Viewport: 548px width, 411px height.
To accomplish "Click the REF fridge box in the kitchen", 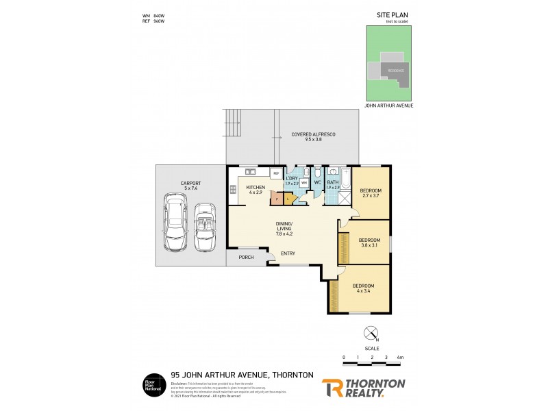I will [276, 174].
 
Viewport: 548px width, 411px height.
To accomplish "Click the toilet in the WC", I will [317, 173].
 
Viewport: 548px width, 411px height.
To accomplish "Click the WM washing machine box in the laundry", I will [303, 183].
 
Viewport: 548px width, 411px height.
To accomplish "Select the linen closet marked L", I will [288, 199].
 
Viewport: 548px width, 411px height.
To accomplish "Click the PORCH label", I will [245, 258].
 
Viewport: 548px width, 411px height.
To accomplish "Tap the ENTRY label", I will [288, 253].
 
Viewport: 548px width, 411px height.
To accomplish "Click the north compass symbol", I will [371, 334].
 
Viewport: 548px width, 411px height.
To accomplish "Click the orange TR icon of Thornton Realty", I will [333, 388].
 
